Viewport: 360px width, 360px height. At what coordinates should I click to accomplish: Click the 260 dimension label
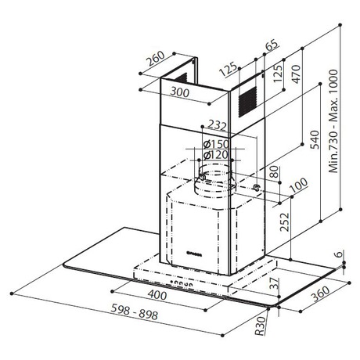click(156, 58)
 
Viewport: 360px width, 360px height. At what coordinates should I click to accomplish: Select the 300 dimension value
click(180, 92)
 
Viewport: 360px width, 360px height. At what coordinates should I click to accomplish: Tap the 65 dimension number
click(272, 45)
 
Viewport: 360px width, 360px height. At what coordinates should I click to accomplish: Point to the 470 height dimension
click(296, 74)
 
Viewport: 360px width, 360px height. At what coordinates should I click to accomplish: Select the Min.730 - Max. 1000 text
click(333, 121)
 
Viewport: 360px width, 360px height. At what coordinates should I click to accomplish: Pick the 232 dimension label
click(217, 125)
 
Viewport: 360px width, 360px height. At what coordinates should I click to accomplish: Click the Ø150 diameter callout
click(216, 144)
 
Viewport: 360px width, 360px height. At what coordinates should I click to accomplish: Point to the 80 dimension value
click(275, 172)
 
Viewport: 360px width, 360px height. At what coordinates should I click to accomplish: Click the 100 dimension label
click(299, 185)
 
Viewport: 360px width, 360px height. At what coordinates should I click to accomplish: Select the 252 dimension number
click(285, 222)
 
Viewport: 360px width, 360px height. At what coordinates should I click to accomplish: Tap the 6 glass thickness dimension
click(338, 254)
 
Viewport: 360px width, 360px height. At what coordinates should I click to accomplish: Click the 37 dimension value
click(274, 283)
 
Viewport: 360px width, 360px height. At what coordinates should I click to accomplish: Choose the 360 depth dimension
click(321, 294)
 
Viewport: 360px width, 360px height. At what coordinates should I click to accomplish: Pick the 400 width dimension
click(157, 295)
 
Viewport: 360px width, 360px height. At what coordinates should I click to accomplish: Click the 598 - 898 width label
click(135, 311)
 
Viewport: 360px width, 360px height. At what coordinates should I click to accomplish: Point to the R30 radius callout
click(260, 326)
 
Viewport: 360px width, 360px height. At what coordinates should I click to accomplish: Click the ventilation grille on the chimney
click(247, 102)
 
